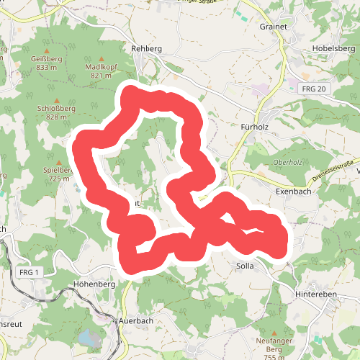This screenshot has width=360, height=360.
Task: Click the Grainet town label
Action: pyautogui.click(x=273, y=26)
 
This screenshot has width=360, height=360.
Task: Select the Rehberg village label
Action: pyautogui.click(x=147, y=48)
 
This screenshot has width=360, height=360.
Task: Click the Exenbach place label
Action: pyautogui.click(x=292, y=192)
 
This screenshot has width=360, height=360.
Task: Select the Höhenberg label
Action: pyautogui.click(x=94, y=284)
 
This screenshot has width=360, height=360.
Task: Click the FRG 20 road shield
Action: pyautogui.click(x=314, y=89)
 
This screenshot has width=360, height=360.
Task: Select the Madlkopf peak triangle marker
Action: pyautogui.click(x=101, y=59)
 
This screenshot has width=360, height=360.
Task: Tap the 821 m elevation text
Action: pyautogui.click(x=102, y=76)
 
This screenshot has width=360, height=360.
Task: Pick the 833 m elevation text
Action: pyautogui.click(x=45, y=68)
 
